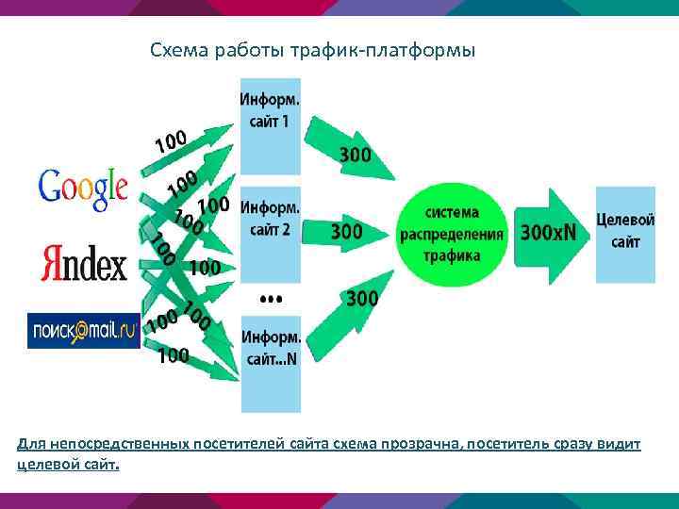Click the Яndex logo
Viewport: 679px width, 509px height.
(x=83, y=263)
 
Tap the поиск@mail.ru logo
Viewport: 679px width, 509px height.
(x=83, y=330)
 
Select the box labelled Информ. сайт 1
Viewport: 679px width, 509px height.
(x=271, y=126)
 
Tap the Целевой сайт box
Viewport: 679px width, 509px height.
(x=624, y=234)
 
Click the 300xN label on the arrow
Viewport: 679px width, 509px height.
(x=548, y=232)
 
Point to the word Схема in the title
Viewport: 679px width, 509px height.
(x=176, y=49)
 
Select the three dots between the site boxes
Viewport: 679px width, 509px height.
(x=271, y=299)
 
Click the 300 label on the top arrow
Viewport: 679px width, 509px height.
(x=354, y=154)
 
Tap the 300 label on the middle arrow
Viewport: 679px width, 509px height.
(x=347, y=230)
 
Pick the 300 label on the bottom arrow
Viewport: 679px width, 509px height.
(x=362, y=299)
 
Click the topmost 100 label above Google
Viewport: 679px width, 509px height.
(x=171, y=141)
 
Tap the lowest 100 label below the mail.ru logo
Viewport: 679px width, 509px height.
(x=174, y=355)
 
